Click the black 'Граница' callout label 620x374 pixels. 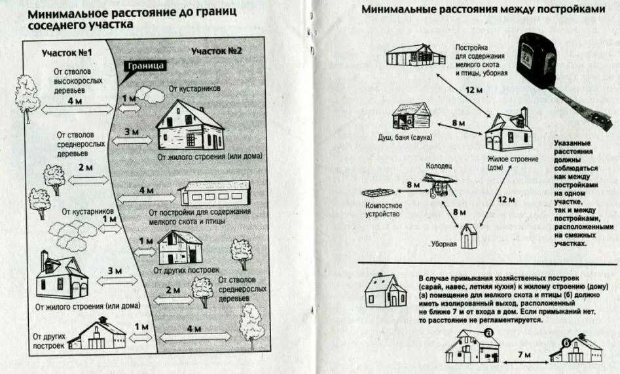[x=145, y=66]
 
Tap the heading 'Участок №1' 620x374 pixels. [x=67, y=52]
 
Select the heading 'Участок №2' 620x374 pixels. [x=217, y=50]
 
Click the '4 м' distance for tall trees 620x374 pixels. [x=74, y=101]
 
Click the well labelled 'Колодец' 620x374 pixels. [x=437, y=185]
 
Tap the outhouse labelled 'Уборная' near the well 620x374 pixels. [x=468, y=236]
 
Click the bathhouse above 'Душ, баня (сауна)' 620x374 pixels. [x=412, y=117]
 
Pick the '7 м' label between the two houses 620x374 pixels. [x=522, y=354]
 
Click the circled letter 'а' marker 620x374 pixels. [x=488, y=331]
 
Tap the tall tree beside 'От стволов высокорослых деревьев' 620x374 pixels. [x=26, y=97]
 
